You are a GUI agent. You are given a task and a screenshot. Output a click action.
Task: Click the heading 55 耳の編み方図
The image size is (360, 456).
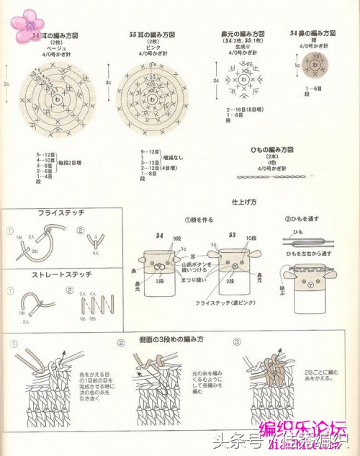153,35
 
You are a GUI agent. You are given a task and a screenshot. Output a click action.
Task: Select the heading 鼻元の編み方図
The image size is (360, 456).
244,35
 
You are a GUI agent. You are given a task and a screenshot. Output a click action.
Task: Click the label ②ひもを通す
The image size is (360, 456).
302,219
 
